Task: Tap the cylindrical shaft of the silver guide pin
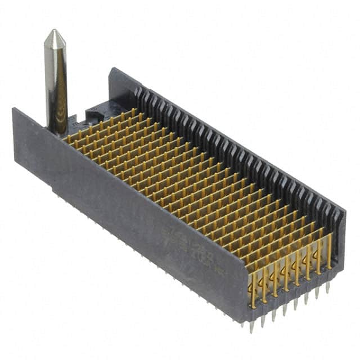tap(56, 84)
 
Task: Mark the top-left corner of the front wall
tap(13, 110)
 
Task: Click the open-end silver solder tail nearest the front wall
tap(252, 326)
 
